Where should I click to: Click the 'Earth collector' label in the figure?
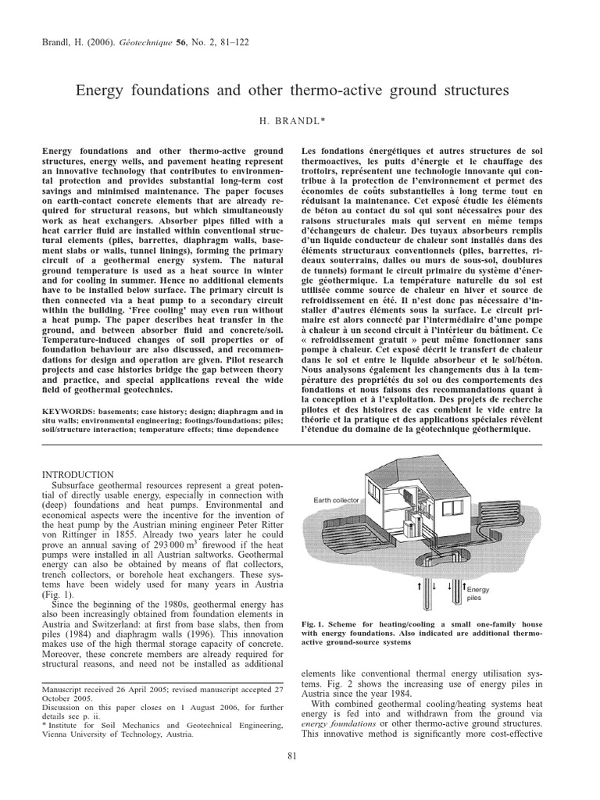339,501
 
